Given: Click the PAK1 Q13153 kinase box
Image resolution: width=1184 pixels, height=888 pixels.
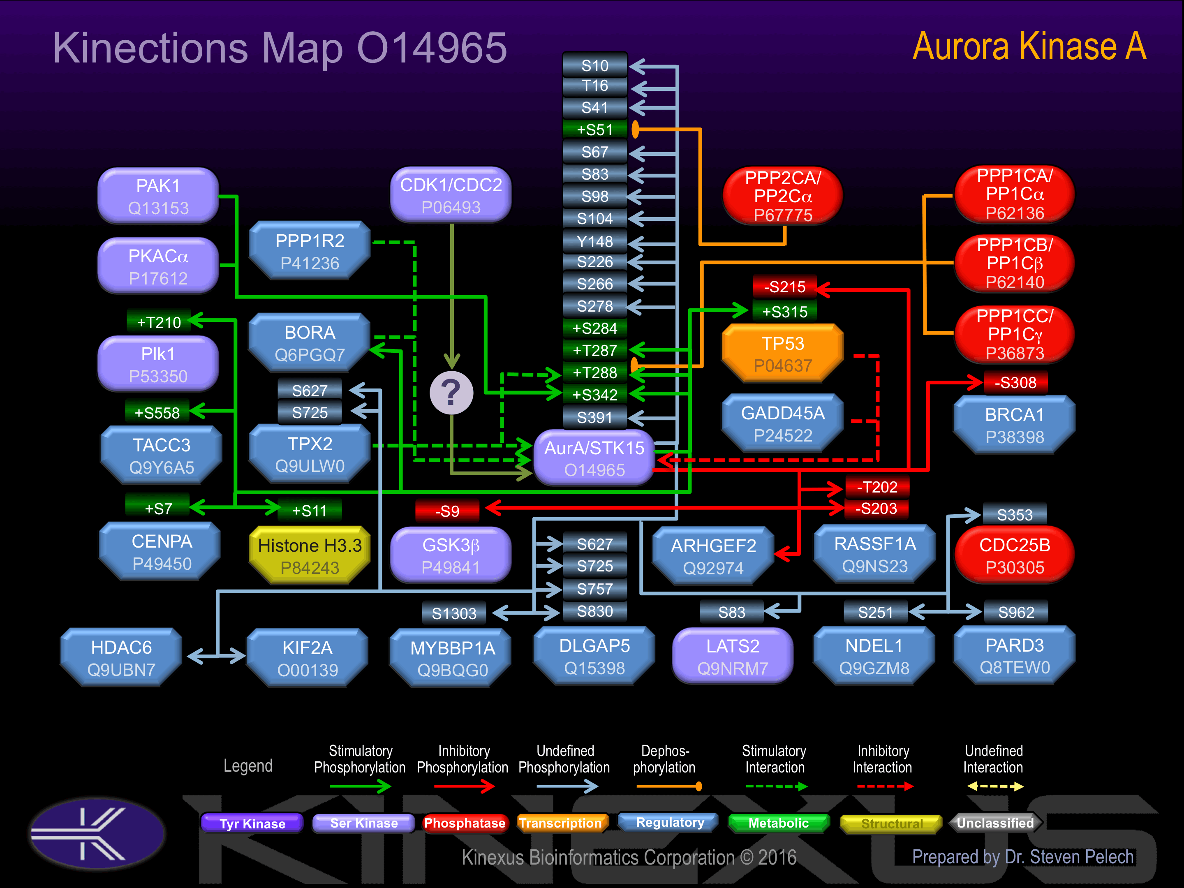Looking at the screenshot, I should coord(158,196).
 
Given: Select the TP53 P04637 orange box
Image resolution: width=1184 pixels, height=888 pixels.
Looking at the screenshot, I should coord(783,354).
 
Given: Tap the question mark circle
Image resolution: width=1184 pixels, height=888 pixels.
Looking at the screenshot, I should coord(451,393).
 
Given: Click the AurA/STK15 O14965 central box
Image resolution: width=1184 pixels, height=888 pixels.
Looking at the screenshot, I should coord(594,459).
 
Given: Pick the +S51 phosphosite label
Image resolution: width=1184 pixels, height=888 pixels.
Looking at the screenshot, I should coord(595,129).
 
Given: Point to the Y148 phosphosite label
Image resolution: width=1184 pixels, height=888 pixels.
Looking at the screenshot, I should coord(595,242).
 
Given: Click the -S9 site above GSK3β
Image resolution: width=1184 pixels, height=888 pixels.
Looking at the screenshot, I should coord(447,511).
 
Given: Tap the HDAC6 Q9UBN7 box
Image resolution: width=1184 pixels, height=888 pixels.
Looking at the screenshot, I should coord(122,658).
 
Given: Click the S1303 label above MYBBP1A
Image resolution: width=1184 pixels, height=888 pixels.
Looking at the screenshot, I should coord(454,613).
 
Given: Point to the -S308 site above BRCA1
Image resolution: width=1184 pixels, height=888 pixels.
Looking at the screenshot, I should coord(1015,383).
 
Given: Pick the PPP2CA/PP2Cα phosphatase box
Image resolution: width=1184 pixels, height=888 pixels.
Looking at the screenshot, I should coord(783,196).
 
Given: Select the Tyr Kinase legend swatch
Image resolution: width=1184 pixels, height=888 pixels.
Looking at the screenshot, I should coord(252,823).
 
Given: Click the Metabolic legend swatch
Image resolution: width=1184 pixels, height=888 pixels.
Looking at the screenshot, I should coord(778,823).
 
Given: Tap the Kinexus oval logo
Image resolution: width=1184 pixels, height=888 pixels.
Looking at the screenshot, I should coord(97,833).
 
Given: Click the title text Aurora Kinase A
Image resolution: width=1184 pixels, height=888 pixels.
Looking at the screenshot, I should coord(1029,46).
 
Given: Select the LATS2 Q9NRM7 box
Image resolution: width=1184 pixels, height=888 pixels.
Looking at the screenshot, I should coord(732,657).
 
